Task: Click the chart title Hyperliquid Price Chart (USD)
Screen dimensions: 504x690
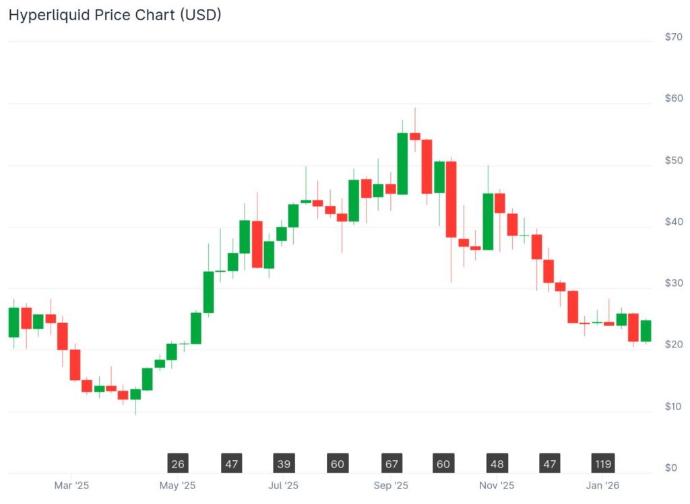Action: tap(115, 14)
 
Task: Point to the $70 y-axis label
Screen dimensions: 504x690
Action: tap(673, 37)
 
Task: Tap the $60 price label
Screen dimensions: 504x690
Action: tap(673, 99)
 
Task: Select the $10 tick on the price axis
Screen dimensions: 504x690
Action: tap(673, 406)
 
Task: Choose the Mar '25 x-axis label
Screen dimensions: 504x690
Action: tap(71, 485)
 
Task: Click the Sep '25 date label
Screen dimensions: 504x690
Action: tap(391, 485)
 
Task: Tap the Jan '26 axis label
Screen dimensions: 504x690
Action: tap(602, 485)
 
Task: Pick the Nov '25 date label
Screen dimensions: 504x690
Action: tap(497, 485)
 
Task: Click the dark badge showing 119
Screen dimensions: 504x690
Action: tap(602, 464)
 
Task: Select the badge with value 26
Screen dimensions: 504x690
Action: tap(178, 464)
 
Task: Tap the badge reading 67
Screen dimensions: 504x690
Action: tap(391, 464)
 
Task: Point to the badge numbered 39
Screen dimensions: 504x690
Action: tap(284, 464)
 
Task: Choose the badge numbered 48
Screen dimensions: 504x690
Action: tap(497, 464)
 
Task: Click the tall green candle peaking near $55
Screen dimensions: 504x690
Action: tap(402, 163)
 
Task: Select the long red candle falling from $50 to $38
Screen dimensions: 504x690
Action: tap(451, 199)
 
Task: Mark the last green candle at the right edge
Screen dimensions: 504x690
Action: tap(646, 331)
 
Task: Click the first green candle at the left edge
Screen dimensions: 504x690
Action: tap(13, 323)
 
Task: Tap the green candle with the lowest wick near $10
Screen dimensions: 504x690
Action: tap(135, 394)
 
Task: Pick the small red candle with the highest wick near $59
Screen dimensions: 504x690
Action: tap(415, 136)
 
